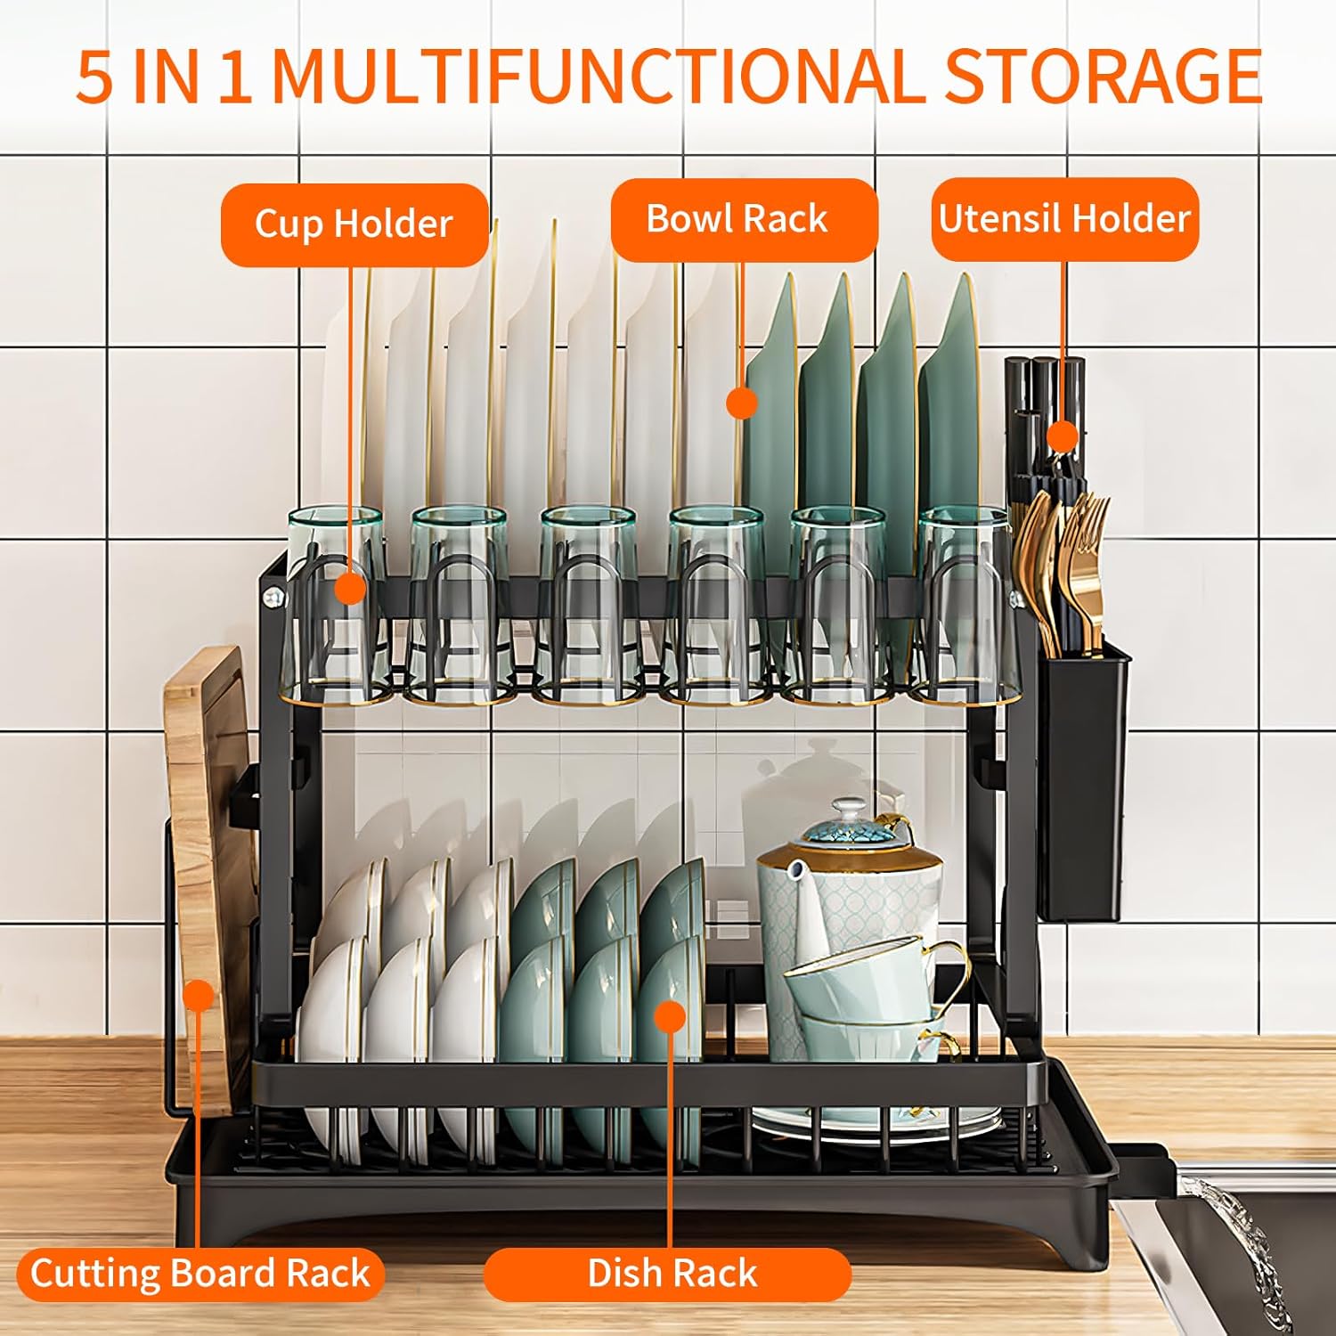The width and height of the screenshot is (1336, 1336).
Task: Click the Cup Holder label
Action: [354, 224]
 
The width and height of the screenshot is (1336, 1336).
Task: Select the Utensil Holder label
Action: [1064, 219]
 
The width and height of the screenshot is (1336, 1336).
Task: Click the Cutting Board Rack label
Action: [200, 1273]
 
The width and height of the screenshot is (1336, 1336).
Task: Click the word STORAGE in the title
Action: [1103, 77]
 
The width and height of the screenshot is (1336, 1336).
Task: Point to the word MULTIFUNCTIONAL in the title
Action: [599, 77]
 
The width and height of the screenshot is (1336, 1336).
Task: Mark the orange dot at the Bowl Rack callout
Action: [741, 403]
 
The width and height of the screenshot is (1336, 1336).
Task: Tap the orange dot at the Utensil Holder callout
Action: [1062, 437]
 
